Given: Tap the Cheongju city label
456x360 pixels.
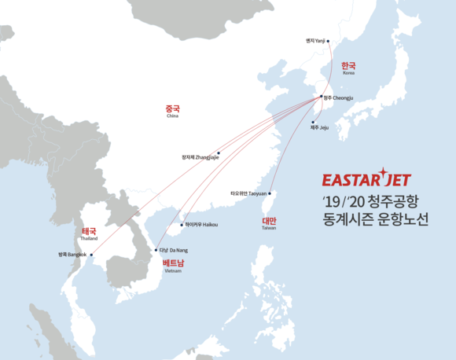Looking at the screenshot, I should (339, 98).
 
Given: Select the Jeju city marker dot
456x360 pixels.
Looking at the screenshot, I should (313, 122).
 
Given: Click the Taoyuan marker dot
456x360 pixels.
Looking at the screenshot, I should (270, 193).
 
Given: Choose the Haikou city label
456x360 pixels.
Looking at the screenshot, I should (202, 225).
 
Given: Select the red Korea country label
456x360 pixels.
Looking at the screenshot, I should (348, 67).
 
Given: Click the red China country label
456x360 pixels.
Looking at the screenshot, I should (172, 109).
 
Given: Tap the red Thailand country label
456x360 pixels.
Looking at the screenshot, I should (88, 232).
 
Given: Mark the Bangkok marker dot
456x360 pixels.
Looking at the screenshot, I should (90, 255).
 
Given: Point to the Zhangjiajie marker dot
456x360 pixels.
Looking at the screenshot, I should (219, 153).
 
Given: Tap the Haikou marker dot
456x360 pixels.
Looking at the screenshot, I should (182, 225).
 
